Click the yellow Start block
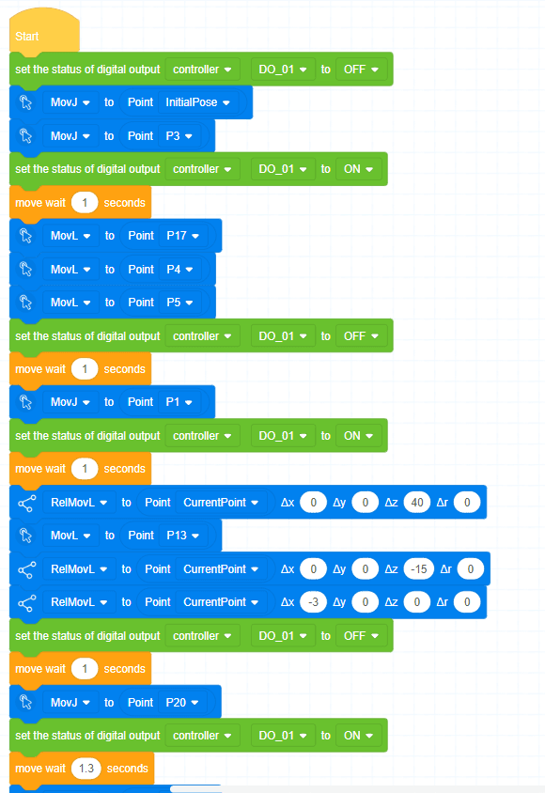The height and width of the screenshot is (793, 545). pos(44,31)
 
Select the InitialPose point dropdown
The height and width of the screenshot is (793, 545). pos(197,102)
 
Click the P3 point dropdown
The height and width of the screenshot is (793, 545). pos(179,136)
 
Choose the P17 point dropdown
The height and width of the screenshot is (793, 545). pos(182,236)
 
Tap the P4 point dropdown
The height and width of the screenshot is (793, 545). pos(180,269)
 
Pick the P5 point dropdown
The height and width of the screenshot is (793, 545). pos(180,303)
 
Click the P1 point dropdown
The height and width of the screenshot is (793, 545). pos(179,402)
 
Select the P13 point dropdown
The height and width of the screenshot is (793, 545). pos(182,536)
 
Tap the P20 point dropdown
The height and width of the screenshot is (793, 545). pos(182,703)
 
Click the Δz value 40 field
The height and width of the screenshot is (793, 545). pos(417,502)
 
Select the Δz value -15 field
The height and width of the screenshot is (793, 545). pos(419,569)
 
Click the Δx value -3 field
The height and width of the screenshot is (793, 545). pos(314,602)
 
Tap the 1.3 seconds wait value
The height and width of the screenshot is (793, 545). pos(86,769)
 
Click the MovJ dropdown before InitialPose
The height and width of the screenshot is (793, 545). pos(70,102)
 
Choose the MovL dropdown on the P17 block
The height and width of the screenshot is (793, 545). pos(70,236)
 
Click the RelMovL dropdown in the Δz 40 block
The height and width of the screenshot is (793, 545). pos(79,502)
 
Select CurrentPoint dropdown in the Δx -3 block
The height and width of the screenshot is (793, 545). pos(221,602)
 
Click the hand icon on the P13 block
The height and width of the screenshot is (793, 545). pos(25,536)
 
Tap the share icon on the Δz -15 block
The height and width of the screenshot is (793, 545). pos(27,569)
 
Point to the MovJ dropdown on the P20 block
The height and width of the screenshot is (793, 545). pos(70,703)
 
